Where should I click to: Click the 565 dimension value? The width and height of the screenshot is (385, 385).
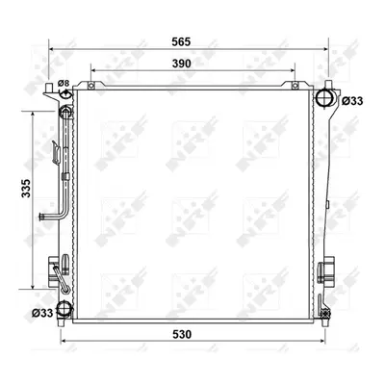[x=181, y=41]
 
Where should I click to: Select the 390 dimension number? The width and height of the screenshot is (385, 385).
[x=182, y=64]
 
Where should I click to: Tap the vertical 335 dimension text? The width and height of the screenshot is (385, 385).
[x=26, y=188]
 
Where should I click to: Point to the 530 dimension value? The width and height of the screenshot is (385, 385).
[x=182, y=334]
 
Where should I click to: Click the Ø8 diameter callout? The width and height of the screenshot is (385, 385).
[x=64, y=84]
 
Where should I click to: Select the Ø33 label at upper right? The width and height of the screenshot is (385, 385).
[x=352, y=101]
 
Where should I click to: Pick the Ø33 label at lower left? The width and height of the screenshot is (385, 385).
[x=42, y=313]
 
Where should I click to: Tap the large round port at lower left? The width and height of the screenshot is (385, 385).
[x=64, y=309]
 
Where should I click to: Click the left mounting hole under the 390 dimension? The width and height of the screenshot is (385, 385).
[x=91, y=86]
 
